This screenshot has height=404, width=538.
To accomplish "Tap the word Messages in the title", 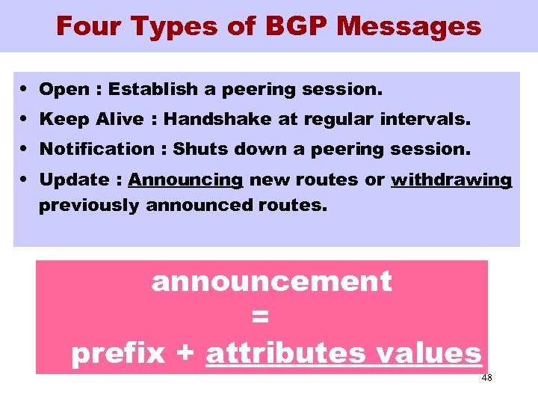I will (409, 27).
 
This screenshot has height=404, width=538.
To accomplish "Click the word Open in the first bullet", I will (64, 90).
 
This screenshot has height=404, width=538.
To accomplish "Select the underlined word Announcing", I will (185, 180).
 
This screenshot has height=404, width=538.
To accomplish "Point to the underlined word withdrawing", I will (451, 180).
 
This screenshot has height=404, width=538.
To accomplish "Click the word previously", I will (88, 204).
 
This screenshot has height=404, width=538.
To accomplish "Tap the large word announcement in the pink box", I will (271, 282).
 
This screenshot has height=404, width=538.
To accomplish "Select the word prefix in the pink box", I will (117, 352).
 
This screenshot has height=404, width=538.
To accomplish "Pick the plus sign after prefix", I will (185, 353).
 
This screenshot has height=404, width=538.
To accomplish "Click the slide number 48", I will (486, 378).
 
